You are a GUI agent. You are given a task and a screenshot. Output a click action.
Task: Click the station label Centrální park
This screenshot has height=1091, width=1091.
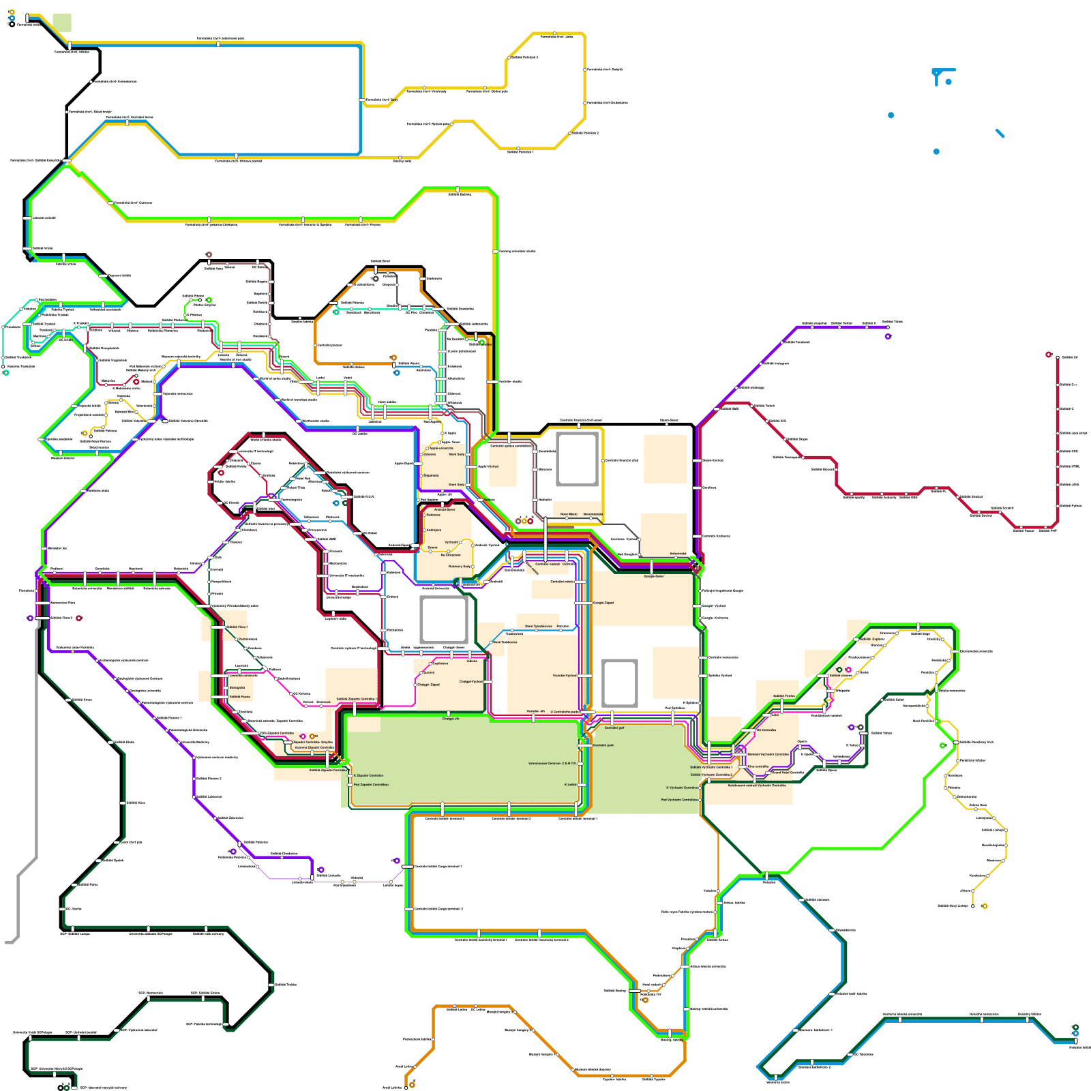(603, 745)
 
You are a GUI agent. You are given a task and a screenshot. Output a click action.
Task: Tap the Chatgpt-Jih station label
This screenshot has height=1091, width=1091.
(451, 719)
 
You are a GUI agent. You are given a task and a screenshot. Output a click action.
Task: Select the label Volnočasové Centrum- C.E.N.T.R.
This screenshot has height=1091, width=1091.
(552, 764)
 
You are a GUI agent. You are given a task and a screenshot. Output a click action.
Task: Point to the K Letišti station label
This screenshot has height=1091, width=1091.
(570, 785)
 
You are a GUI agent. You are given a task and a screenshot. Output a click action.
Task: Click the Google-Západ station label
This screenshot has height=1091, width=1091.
(603, 603)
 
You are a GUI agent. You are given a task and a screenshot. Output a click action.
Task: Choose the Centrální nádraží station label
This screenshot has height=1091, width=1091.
(548, 564)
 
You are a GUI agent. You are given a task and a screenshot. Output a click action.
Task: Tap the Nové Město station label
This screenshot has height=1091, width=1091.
(569, 514)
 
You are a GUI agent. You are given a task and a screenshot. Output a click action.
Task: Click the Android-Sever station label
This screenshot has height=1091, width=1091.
(445, 509)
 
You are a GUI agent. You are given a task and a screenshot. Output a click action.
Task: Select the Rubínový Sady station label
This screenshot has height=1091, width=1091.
(459, 567)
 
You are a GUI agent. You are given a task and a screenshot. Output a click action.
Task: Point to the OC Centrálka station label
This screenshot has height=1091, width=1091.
(766, 730)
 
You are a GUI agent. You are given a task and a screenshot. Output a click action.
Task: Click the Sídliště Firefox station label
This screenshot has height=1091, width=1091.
(783, 696)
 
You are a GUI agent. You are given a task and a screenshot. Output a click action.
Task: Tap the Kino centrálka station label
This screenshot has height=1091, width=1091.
(758, 766)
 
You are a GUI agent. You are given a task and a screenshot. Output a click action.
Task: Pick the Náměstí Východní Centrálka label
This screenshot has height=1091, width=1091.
(768, 754)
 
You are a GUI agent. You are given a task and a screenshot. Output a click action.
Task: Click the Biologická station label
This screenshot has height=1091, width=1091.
(237, 688)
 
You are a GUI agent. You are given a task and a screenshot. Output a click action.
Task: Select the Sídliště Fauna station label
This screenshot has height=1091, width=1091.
(239, 697)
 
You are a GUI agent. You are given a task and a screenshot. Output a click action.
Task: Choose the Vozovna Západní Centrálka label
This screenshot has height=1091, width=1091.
(314, 747)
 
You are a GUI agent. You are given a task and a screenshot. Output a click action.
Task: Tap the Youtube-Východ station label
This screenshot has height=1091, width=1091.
(565, 676)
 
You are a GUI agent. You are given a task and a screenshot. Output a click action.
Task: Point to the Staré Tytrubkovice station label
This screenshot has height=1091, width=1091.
(539, 626)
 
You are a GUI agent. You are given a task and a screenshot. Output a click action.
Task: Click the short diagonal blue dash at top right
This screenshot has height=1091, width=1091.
(1000, 133)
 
